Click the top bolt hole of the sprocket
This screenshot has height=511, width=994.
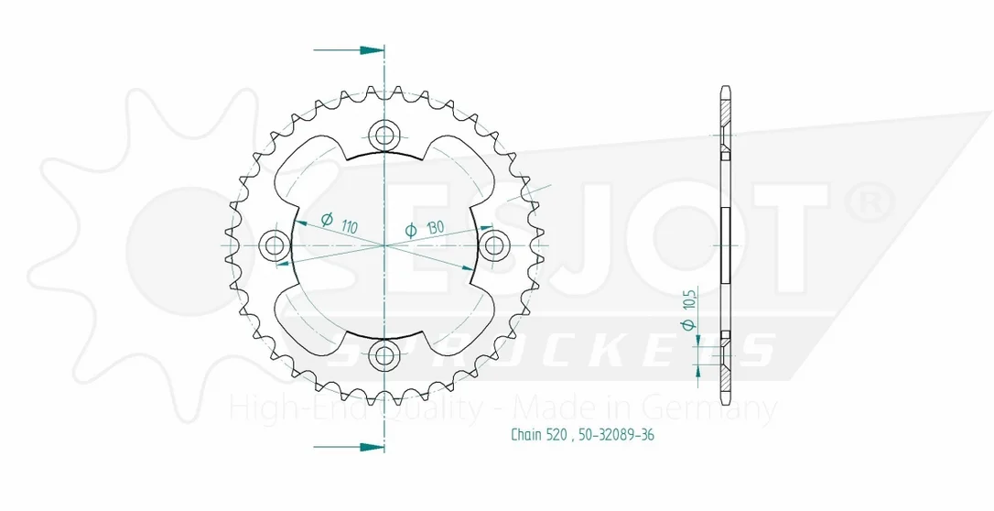point(384,135)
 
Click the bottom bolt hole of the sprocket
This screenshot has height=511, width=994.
point(384,355)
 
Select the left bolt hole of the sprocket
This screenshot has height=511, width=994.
point(275,245)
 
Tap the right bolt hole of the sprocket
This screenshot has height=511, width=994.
point(494,245)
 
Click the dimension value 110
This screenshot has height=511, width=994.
point(349,225)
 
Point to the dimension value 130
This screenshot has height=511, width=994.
point(434,226)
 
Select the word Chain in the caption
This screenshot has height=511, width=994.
point(527,434)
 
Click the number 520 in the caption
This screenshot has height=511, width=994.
point(558,434)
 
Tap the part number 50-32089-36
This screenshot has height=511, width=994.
point(616,434)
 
